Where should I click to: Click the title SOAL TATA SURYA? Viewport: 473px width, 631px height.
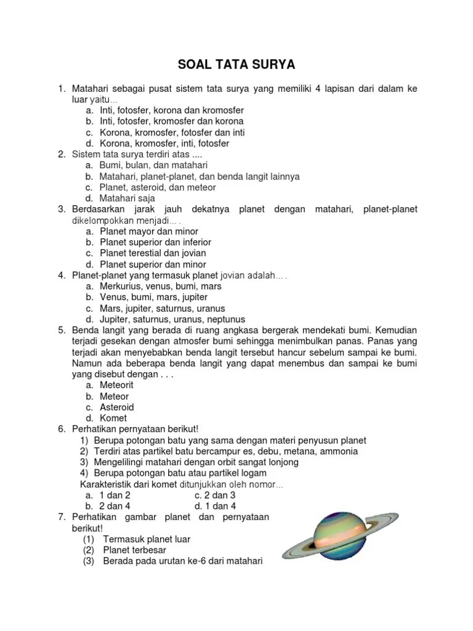pyautogui.click(x=236, y=65)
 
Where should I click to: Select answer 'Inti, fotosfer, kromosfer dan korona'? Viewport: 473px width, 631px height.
pyautogui.click(x=172, y=121)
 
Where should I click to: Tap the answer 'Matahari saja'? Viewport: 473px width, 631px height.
pyautogui.click(x=127, y=198)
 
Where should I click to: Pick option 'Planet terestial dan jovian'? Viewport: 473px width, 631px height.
pyautogui.click(x=153, y=253)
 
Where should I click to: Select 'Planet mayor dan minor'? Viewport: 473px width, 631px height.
pyautogui.click(x=149, y=231)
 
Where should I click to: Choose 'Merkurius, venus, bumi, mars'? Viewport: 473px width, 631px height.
pyautogui.click(x=161, y=286)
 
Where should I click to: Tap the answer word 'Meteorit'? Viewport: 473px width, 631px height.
pyautogui.click(x=117, y=385)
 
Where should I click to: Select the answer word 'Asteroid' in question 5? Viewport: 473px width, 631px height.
pyautogui.click(x=117, y=407)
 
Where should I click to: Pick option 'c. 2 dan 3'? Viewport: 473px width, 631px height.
pyautogui.click(x=215, y=495)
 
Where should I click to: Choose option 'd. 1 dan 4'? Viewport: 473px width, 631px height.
pyautogui.click(x=215, y=506)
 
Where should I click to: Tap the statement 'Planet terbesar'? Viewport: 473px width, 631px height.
pyautogui.click(x=134, y=550)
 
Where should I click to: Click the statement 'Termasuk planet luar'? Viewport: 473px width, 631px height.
pyautogui.click(x=147, y=539)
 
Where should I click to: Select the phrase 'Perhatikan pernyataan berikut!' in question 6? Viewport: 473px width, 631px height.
pyautogui.click(x=135, y=429)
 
